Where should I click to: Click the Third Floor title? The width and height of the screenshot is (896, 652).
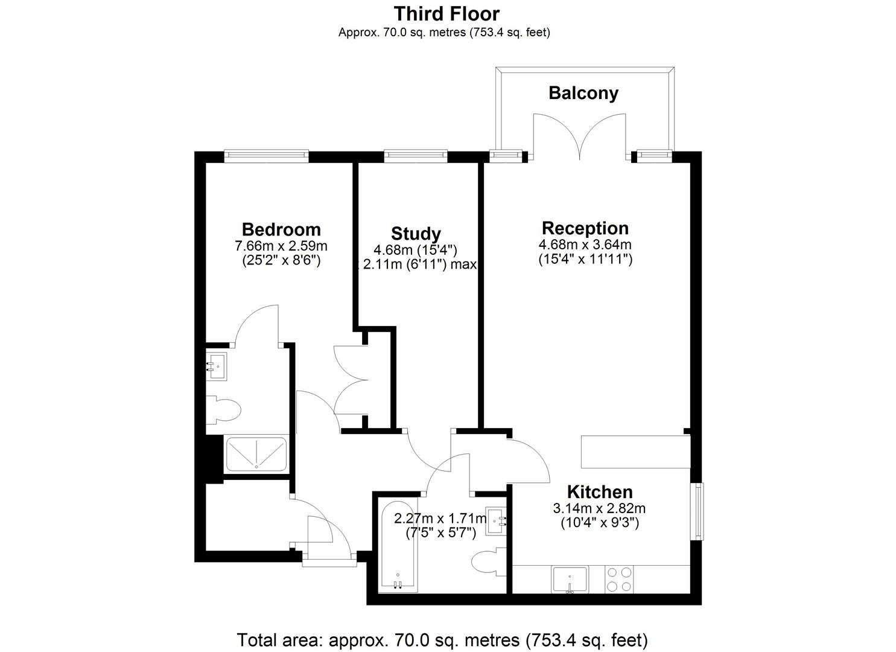tap(446, 14)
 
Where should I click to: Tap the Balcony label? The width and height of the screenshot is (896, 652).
tap(583, 93)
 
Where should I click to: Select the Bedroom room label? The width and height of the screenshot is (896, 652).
tap(281, 230)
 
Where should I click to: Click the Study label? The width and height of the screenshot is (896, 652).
tap(416, 234)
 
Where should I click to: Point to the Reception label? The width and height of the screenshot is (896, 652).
tap(585, 229)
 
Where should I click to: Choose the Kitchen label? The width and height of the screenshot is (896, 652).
tap(600, 492)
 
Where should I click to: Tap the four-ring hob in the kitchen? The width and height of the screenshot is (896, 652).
tap(620, 579)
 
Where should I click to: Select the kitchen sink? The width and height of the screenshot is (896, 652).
tap(570, 579)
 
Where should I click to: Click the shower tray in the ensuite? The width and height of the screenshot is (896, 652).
tap(256, 454)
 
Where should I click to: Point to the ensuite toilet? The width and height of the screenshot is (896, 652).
tap(223, 410)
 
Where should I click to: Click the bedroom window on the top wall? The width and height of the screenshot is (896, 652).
tap(267, 156)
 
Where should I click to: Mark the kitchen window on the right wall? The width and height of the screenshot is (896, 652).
tap(699, 511)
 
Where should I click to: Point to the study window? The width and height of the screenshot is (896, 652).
tap(416, 156)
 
